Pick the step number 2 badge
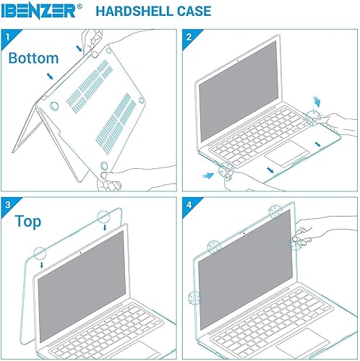tap(189, 36)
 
